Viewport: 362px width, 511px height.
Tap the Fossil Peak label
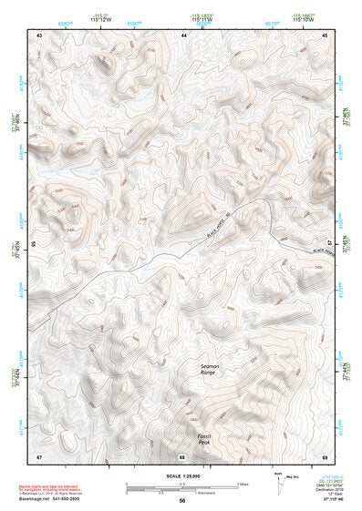pos(204,438)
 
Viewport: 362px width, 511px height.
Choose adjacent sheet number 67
pos(39,455)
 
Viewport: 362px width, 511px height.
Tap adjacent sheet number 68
pos(182,455)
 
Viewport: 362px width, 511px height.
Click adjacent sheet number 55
pos(34,244)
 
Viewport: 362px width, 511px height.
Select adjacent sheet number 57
pos(331,244)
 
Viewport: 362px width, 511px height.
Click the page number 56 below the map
pos(182,500)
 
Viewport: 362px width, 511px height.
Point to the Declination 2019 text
pos(321,490)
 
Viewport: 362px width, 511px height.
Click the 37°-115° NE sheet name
pos(322,500)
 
